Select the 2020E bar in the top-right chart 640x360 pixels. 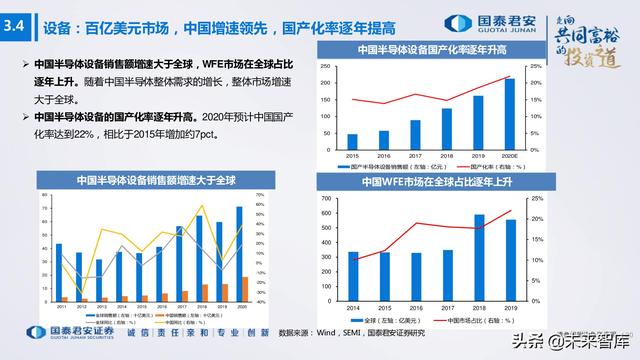509,113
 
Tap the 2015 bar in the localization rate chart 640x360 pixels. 352,140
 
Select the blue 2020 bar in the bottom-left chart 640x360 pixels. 239,254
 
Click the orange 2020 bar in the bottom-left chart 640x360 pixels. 246,289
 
